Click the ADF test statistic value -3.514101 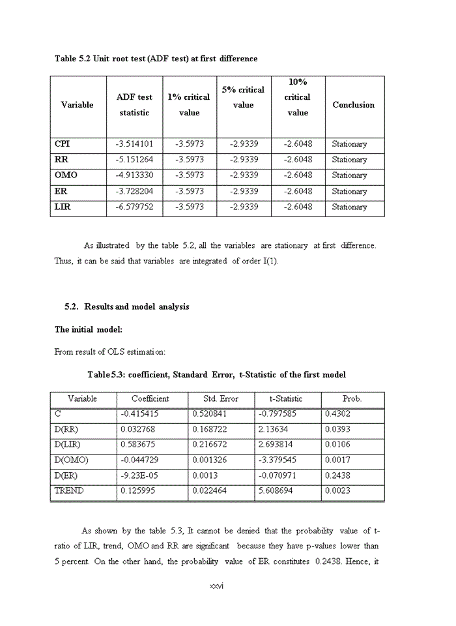point(135,144)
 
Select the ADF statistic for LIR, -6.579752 point(135,207)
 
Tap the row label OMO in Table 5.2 point(65,175)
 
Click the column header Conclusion point(353,105)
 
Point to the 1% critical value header point(189,104)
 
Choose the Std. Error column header point(221,398)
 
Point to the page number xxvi point(217,586)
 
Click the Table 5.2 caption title point(156,59)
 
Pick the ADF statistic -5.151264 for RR point(135,160)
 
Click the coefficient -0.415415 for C point(139,414)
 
